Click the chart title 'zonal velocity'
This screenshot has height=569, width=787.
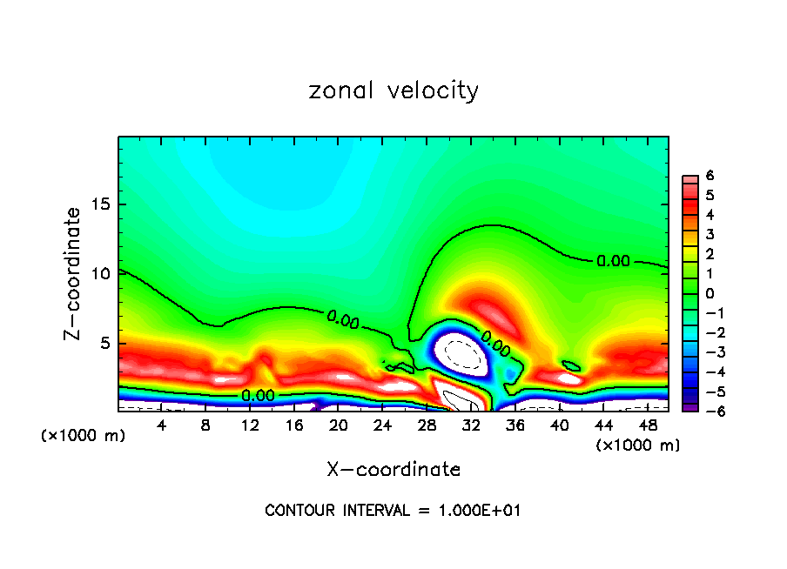point(393,90)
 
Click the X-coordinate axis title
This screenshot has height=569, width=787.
point(393,470)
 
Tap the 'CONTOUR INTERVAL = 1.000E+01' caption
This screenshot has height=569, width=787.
point(393,511)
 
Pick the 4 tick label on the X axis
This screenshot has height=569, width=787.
point(162,425)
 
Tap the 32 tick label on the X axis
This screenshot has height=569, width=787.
point(470,425)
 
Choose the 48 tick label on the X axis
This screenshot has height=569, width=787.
point(647,425)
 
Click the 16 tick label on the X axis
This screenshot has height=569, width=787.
point(294,425)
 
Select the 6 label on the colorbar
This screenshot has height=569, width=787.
point(710,176)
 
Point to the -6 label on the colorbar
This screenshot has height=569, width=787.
point(707,411)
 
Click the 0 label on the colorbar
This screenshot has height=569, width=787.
point(710,293)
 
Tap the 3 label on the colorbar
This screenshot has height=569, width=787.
point(710,234)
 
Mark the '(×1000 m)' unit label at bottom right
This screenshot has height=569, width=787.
point(638,445)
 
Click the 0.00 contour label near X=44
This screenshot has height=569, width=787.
point(613,260)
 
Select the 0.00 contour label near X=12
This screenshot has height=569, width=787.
point(258,395)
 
